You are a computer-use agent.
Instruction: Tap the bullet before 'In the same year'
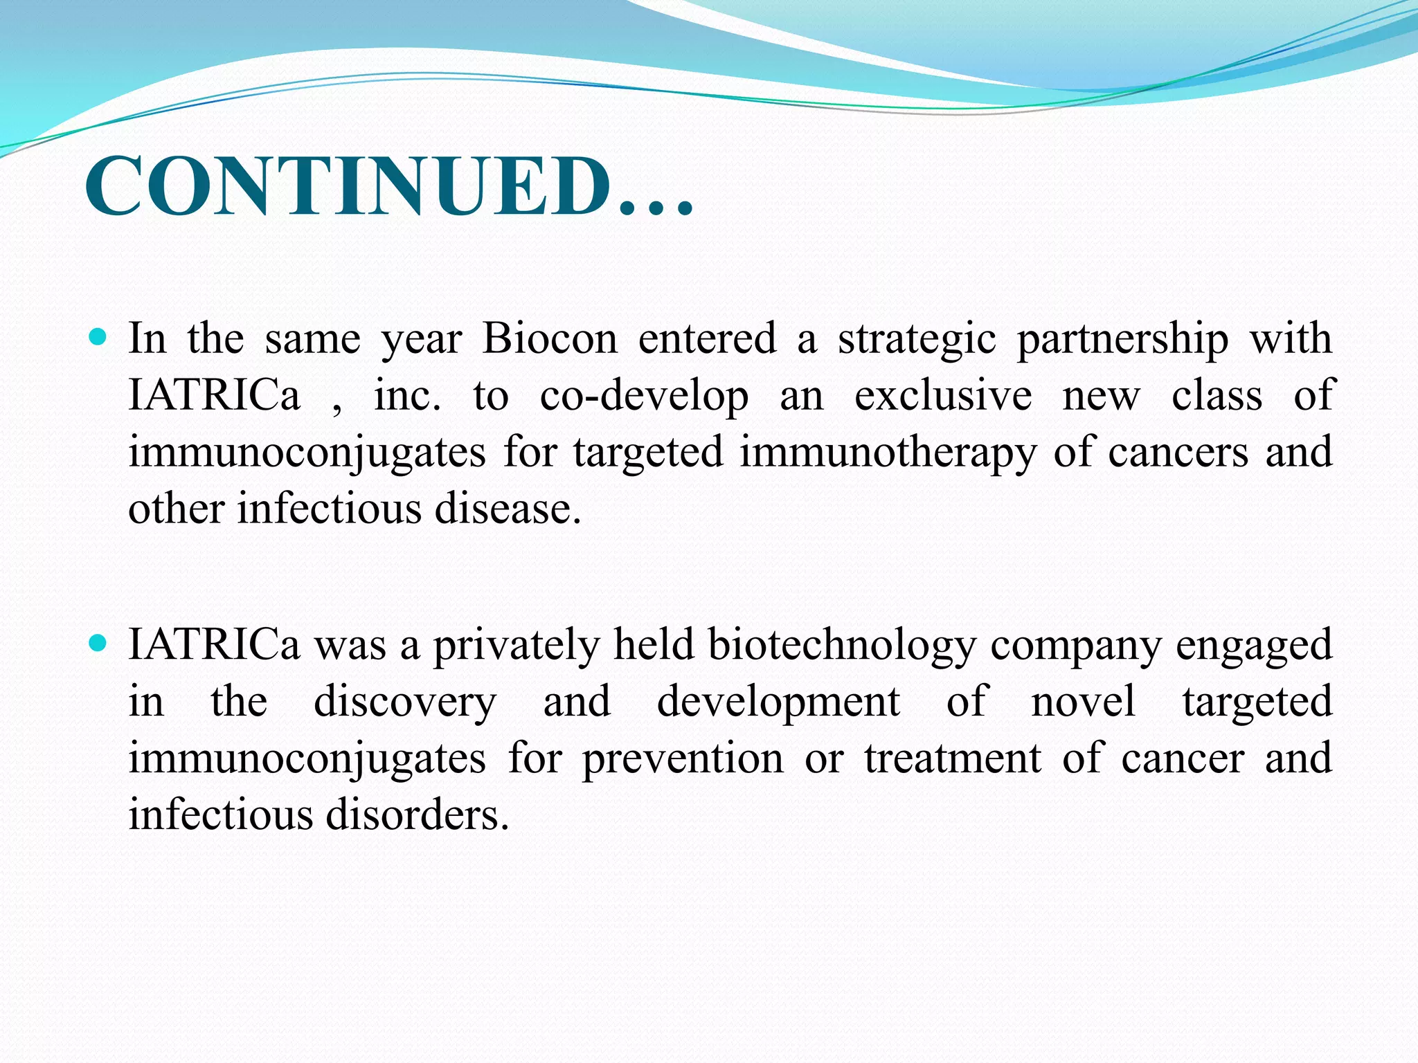pyautogui.click(x=98, y=338)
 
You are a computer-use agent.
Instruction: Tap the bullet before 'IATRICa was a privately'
pyautogui.click(x=98, y=644)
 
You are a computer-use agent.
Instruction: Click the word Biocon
pyautogui.click(x=550, y=339)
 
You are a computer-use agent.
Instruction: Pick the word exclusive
pyautogui.click(x=943, y=396)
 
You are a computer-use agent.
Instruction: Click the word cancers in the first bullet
pyautogui.click(x=1178, y=453)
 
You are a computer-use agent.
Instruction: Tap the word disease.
pyautogui.click(x=508, y=509)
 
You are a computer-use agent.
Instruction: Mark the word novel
pyautogui.click(x=1083, y=702)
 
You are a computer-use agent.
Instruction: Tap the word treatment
pyautogui.click(x=953, y=758)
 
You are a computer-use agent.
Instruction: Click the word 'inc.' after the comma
pyautogui.click(x=407, y=396)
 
